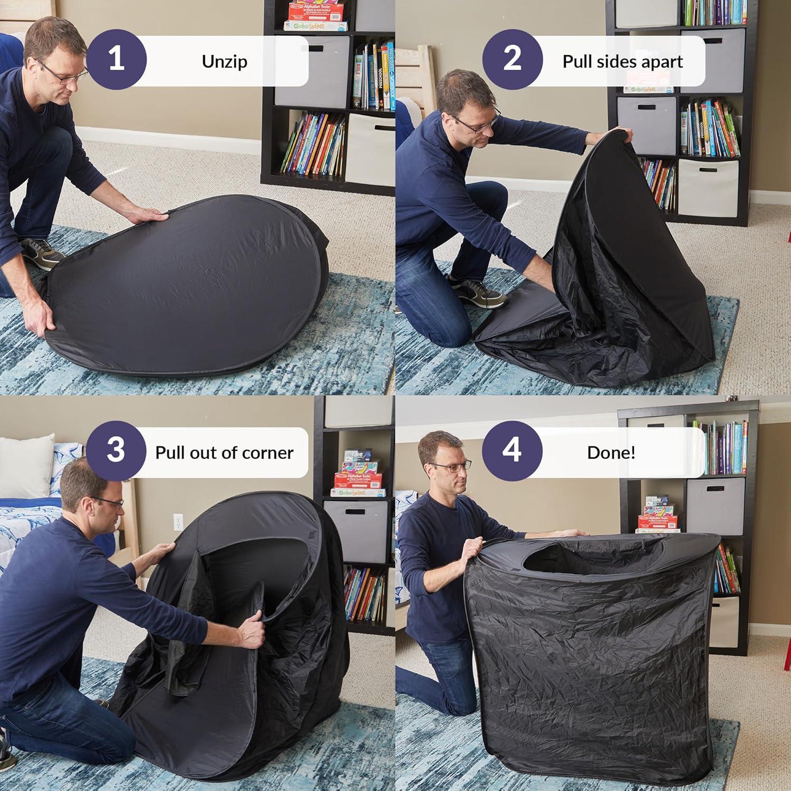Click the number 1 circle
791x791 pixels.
[116, 59]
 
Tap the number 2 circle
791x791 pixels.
[512, 59]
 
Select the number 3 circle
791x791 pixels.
[116, 450]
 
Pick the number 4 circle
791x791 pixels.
[512, 450]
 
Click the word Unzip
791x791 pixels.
[224, 62]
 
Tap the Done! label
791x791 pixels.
[611, 452]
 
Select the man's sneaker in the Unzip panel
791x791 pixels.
[40, 252]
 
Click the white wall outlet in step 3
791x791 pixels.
[178, 523]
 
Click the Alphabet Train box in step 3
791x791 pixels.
[359, 480]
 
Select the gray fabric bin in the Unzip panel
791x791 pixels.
[311, 71]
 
